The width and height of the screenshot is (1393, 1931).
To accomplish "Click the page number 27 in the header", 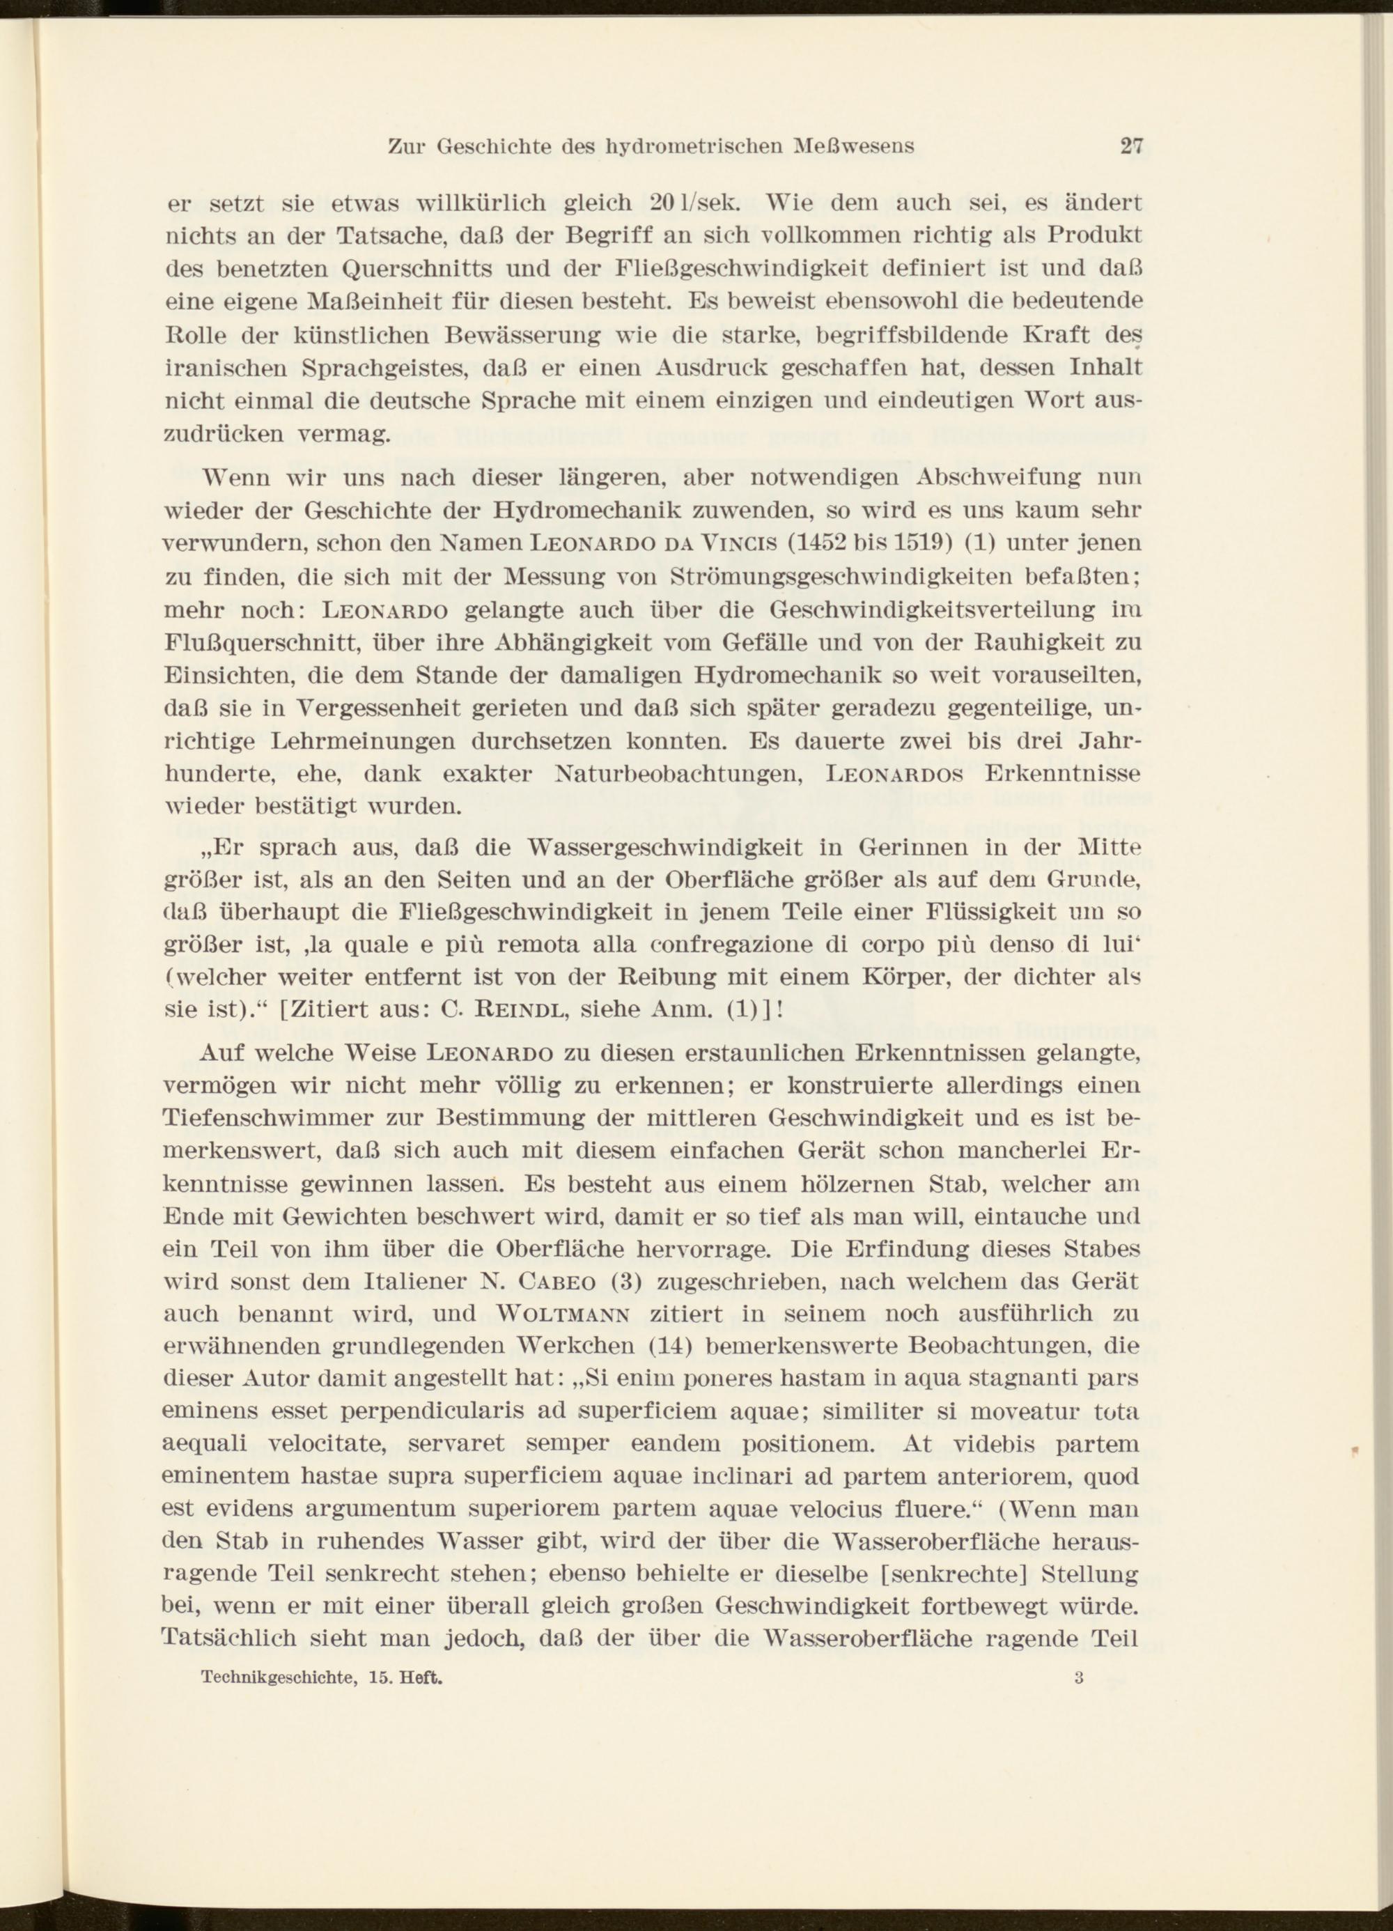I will click(1130, 145).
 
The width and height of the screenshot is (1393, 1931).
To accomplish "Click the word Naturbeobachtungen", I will click(680, 775).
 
